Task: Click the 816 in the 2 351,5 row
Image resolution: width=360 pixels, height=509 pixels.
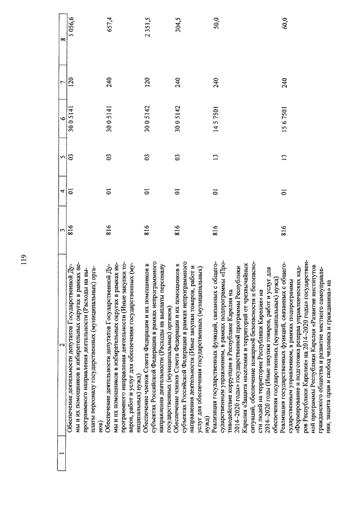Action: click(145, 228)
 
